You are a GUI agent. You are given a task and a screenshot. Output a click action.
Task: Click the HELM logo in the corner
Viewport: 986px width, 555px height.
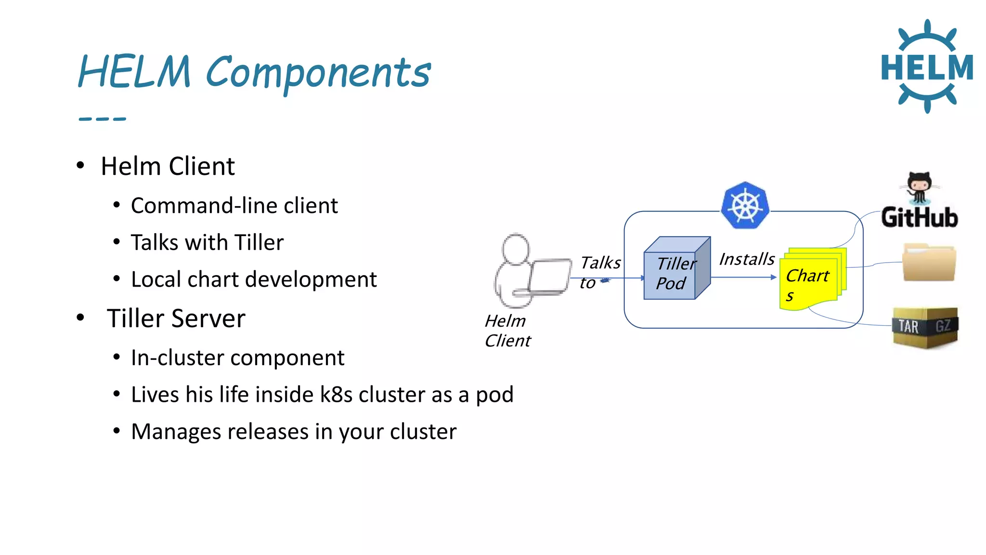pos(927,66)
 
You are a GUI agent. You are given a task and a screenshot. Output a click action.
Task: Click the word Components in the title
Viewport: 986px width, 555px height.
pos(318,73)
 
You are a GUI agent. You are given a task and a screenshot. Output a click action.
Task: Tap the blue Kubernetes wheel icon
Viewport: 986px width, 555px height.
pos(745,205)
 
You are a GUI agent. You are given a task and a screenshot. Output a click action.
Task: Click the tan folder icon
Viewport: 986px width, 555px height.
pos(928,263)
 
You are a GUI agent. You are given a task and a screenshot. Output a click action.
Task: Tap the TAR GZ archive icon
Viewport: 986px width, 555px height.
pos(925,327)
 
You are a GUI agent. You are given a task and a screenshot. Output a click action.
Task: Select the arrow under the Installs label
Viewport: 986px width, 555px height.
pos(744,277)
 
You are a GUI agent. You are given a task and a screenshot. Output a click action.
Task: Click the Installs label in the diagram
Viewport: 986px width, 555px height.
pos(747,260)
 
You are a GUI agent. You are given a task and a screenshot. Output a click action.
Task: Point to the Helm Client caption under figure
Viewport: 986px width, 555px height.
pos(507,331)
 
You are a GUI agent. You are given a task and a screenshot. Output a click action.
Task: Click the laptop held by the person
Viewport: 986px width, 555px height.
pos(548,277)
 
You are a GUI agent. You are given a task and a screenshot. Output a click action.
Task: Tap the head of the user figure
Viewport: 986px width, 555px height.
pos(516,249)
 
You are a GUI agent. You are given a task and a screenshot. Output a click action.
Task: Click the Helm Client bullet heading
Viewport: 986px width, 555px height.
pos(168,167)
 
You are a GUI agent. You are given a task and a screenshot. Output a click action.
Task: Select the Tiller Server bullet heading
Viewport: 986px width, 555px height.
pos(176,319)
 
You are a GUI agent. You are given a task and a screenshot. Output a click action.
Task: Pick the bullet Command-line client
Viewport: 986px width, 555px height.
pos(234,206)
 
